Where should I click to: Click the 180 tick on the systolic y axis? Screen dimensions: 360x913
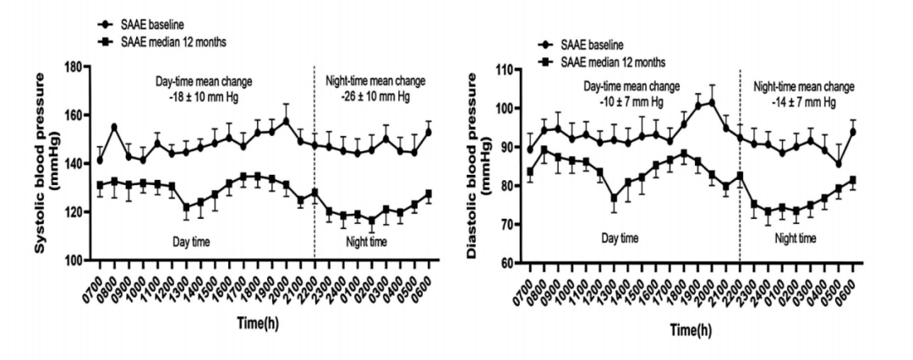pos(76,67)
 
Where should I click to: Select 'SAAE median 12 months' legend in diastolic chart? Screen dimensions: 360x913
pos(615,62)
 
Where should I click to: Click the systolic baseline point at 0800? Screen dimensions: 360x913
pos(114,127)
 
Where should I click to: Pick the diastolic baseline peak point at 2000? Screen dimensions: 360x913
pos(712,102)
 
